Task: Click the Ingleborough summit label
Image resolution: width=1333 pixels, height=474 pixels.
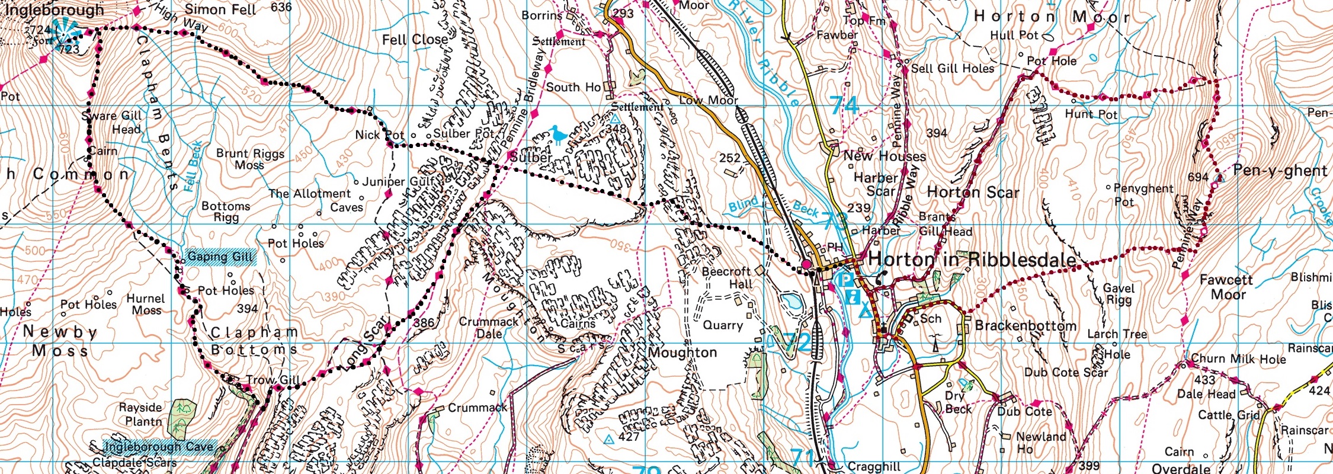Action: click(x=54, y=10)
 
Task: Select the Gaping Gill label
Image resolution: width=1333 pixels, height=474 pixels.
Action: click(x=220, y=257)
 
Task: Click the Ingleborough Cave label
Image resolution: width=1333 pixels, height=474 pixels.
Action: click(x=158, y=447)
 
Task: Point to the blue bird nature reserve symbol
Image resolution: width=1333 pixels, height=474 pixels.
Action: click(x=557, y=136)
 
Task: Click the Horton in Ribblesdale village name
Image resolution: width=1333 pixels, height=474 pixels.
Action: click(x=972, y=260)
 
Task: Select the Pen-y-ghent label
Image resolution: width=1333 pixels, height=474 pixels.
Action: click(x=1280, y=171)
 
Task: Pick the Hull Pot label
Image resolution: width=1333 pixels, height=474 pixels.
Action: click(x=1014, y=35)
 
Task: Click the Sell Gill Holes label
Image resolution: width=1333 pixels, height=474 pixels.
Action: click(x=952, y=69)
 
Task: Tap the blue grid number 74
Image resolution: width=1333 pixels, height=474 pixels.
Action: click(x=844, y=105)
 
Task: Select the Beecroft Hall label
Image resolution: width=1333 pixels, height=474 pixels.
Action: click(x=727, y=278)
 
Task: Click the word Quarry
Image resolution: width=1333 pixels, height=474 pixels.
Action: click(x=722, y=325)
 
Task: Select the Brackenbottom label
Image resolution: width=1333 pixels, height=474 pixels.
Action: click(x=1026, y=325)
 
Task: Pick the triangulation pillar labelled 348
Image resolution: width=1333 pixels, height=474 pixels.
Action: click(x=615, y=120)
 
